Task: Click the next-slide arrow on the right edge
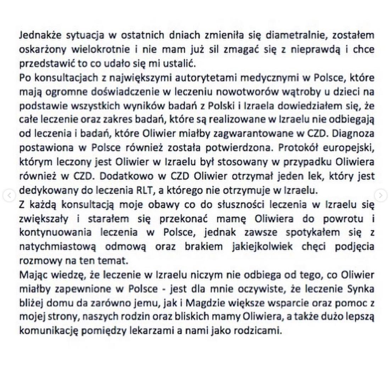point(380,195)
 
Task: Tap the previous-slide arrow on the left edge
point(9,195)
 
